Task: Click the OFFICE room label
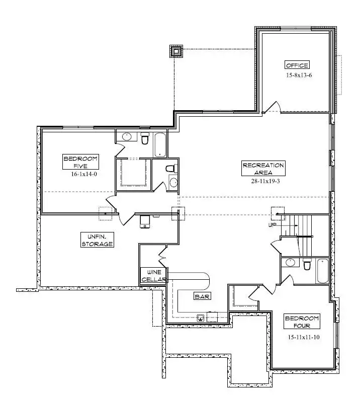click(297, 65)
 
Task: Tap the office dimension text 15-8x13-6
click(299, 75)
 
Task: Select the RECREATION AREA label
click(263, 168)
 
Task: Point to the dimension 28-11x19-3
click(265, 181)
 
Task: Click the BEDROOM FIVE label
click(80, 162)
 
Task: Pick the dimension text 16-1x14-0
click(84, 174)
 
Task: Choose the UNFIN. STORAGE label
click(97, 240)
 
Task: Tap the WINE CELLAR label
click(154, 276)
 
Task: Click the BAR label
click(202, 296)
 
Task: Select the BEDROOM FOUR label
click(302, 322)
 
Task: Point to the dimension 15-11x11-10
click(304, 337)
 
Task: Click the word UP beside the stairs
click(273, 225)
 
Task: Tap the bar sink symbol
click(201, 318)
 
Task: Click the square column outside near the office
click(176, 52)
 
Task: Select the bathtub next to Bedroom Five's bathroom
click(160, 145)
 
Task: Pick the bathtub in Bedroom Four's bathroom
click(322, 271)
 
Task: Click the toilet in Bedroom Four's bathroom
click(307, 264)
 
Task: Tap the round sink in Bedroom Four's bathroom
click(290, 263)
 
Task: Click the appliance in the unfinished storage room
click(145, 221)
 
